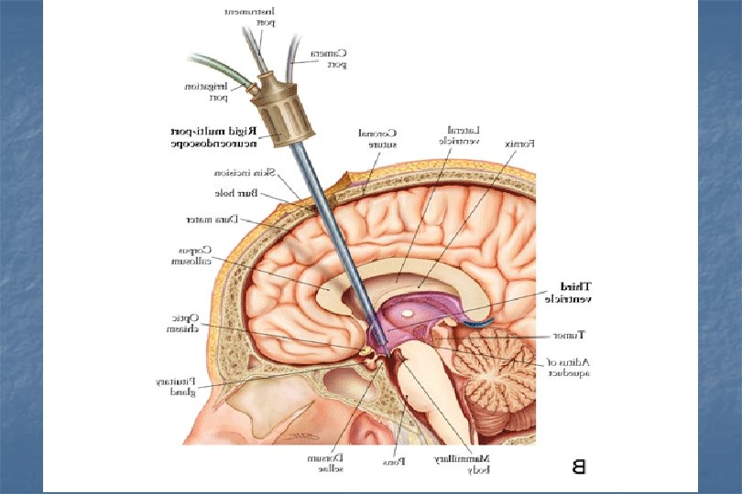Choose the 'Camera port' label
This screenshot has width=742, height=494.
click(330, 59)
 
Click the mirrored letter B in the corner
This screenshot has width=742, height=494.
click(578, 468)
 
